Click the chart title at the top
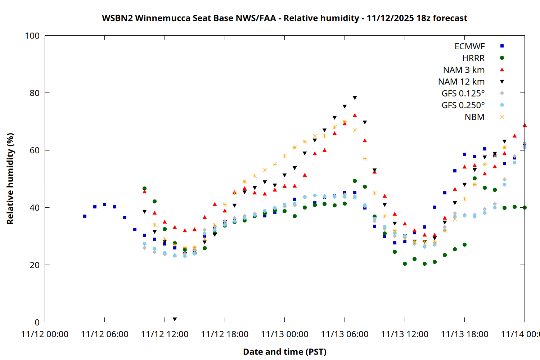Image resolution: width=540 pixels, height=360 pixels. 284,18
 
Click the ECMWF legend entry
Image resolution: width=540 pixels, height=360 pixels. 469,46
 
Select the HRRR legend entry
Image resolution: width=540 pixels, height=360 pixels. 473,58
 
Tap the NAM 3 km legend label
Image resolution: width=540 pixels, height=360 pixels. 464,70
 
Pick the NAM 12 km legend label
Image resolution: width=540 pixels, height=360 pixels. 461,82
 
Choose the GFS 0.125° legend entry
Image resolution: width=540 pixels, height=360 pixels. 463,94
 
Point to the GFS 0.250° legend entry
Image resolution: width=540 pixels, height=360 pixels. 463,105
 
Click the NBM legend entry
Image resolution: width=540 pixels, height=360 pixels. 474,117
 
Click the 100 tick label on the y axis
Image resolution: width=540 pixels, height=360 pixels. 32,36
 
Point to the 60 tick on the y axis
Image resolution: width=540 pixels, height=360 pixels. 35,150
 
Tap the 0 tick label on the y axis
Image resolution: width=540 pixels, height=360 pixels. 37,322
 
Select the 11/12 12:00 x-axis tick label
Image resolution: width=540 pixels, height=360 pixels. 165,334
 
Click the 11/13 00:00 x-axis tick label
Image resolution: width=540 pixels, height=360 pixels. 284,334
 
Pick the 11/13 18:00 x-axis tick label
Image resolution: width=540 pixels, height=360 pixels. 464,334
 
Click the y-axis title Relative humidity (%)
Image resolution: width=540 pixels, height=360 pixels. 10,179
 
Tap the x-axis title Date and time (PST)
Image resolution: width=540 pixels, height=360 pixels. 284,352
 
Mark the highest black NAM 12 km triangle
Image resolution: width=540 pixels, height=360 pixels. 355,98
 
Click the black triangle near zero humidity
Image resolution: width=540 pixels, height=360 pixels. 175,319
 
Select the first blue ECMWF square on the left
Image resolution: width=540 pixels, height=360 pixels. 85,216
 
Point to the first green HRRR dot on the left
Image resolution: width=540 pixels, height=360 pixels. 144,188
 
